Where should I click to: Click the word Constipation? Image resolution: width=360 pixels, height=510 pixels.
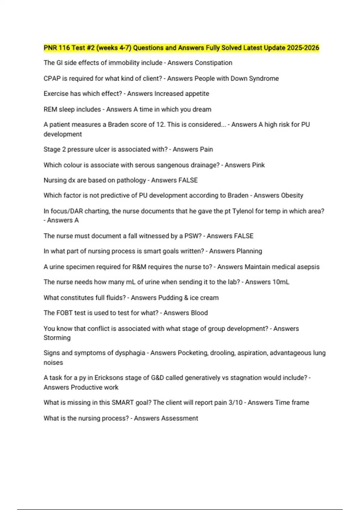[x=213, y=63]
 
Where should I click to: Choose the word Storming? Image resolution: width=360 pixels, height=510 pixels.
[x=57, y=337]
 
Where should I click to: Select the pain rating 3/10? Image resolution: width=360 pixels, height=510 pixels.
[x=235, y=402]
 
